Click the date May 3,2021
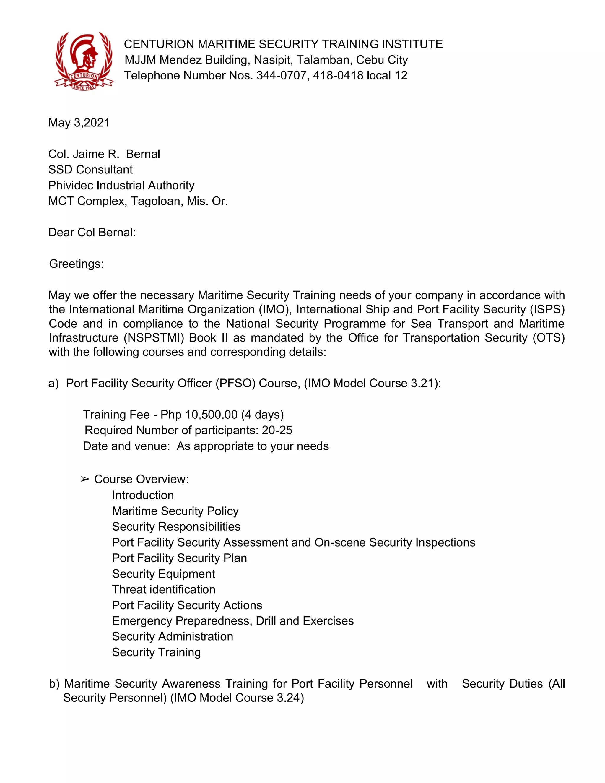(79, 123)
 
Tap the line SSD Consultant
(90, 169)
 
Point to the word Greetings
(76, 264)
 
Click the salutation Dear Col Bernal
(92, 232)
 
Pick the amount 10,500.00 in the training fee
(211, 415)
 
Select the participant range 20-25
(277, 430)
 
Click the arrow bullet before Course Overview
(85, 479)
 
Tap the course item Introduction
(143, 495)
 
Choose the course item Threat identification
(163, 589)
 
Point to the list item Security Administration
(173, 636)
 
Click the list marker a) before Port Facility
(53, 383)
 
